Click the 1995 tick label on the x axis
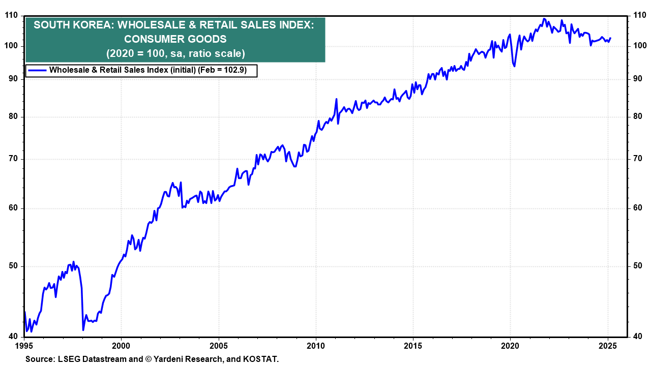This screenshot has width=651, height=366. click(x=24, y=347)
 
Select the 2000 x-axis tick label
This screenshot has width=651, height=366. click(x=121, y=347)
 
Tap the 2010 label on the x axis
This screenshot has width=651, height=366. click(x=316, y=347)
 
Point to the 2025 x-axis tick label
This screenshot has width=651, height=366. click(x=608, y=347)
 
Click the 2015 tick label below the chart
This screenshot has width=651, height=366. click(x=413, y=347)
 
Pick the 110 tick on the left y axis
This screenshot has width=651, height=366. click(x=12, y=16)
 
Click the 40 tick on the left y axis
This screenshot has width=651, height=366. click(x=14, y=337)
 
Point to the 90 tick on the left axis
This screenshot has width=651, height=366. click(x=14, y=79)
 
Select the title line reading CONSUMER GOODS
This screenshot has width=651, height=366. click(x=175, y=39)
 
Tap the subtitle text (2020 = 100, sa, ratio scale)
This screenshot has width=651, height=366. click(x=175, y=53)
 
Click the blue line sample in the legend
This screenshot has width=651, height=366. click(x=37, y=71)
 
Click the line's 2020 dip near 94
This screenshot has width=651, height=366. click(x=515, y=66)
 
